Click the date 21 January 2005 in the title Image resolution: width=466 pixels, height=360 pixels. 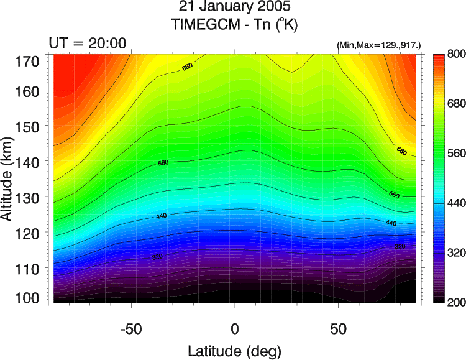[x=234, y=9]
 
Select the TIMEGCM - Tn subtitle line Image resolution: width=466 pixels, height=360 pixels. [x=234, y=25]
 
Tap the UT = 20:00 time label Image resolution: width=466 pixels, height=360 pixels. [x=88, y=42]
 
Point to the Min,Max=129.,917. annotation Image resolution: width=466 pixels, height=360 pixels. [x=378, y=45]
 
